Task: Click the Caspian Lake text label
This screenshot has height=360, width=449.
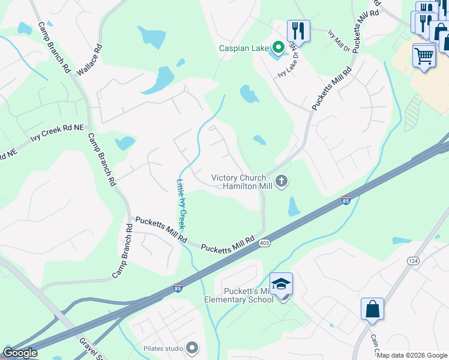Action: (x=244, y=48)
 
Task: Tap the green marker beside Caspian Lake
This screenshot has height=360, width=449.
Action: (x=278, y=47)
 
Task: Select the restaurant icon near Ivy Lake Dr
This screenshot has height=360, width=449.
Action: (x=298, y=30)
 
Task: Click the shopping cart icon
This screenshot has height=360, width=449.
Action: (x=424, y=56)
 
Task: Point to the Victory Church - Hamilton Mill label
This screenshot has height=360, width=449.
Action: (x=241, y=182)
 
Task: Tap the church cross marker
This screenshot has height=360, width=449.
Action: (x=282, y=181)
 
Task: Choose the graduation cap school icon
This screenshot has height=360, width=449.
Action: (x=281, y=284)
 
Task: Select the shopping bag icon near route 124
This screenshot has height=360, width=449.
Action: (x=372, y=309)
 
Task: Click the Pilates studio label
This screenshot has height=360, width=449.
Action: (x=163, y=348)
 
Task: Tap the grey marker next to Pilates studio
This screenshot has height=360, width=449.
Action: (x=192, y=347)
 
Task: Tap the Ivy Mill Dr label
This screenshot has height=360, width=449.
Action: (x=339, y=41)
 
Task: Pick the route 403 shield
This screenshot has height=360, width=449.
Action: (x=264, y=243)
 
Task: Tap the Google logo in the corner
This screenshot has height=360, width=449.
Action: (x=20, y=353)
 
